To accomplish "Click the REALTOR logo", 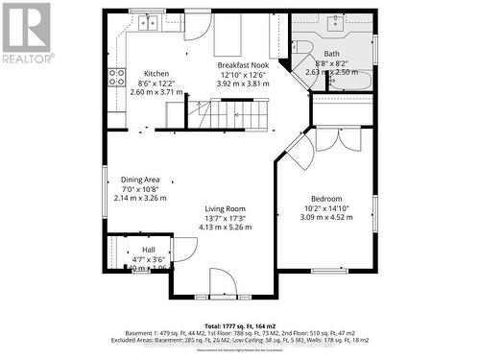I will pyautogui.click(x=26, y=34).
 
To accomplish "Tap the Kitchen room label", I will pyautogui.click(x=156, y=74).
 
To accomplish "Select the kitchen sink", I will pyautogui.click(x=147, y=21).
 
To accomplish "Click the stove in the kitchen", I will pyautogui.click(x=115, y=77).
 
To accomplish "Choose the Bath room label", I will pyautogui.click(x=331, y=54).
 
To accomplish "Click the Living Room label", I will pyautogui.click(x=224, y=208).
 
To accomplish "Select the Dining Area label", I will pyautogui.click(x=139, y=179).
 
